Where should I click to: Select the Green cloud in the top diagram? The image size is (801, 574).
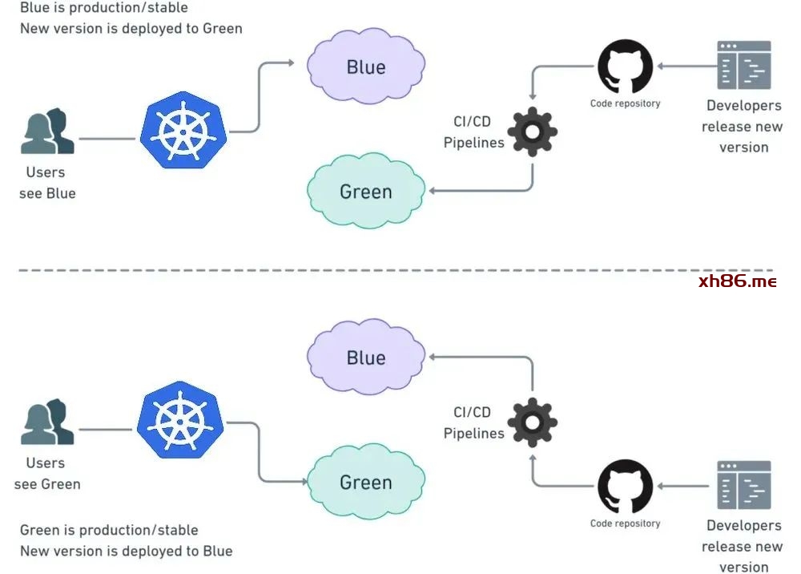coord(366,191)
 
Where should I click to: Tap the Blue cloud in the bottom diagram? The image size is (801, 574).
coord(366,357)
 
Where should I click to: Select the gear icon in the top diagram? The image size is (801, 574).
coord(532,131)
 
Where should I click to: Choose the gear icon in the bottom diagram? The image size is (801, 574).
coord(532,422)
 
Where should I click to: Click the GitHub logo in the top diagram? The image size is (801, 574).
coord(625,67)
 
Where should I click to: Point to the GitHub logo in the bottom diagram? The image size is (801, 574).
coord(625,487)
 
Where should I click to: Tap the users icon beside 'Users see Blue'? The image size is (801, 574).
coord(47,132)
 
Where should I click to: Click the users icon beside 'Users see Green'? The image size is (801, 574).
coord(47,423)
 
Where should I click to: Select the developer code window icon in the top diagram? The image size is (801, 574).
coord(744,66)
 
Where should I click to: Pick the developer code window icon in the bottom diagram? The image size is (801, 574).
coord(744,485)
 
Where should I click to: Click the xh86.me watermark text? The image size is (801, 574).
coord(737,281)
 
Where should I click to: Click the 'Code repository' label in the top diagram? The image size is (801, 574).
coord(625,103)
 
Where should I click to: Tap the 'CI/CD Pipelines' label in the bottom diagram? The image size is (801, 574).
coord(473,422)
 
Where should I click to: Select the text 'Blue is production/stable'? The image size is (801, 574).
coord(104,8)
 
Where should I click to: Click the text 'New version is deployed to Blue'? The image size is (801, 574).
coord(126,551)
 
